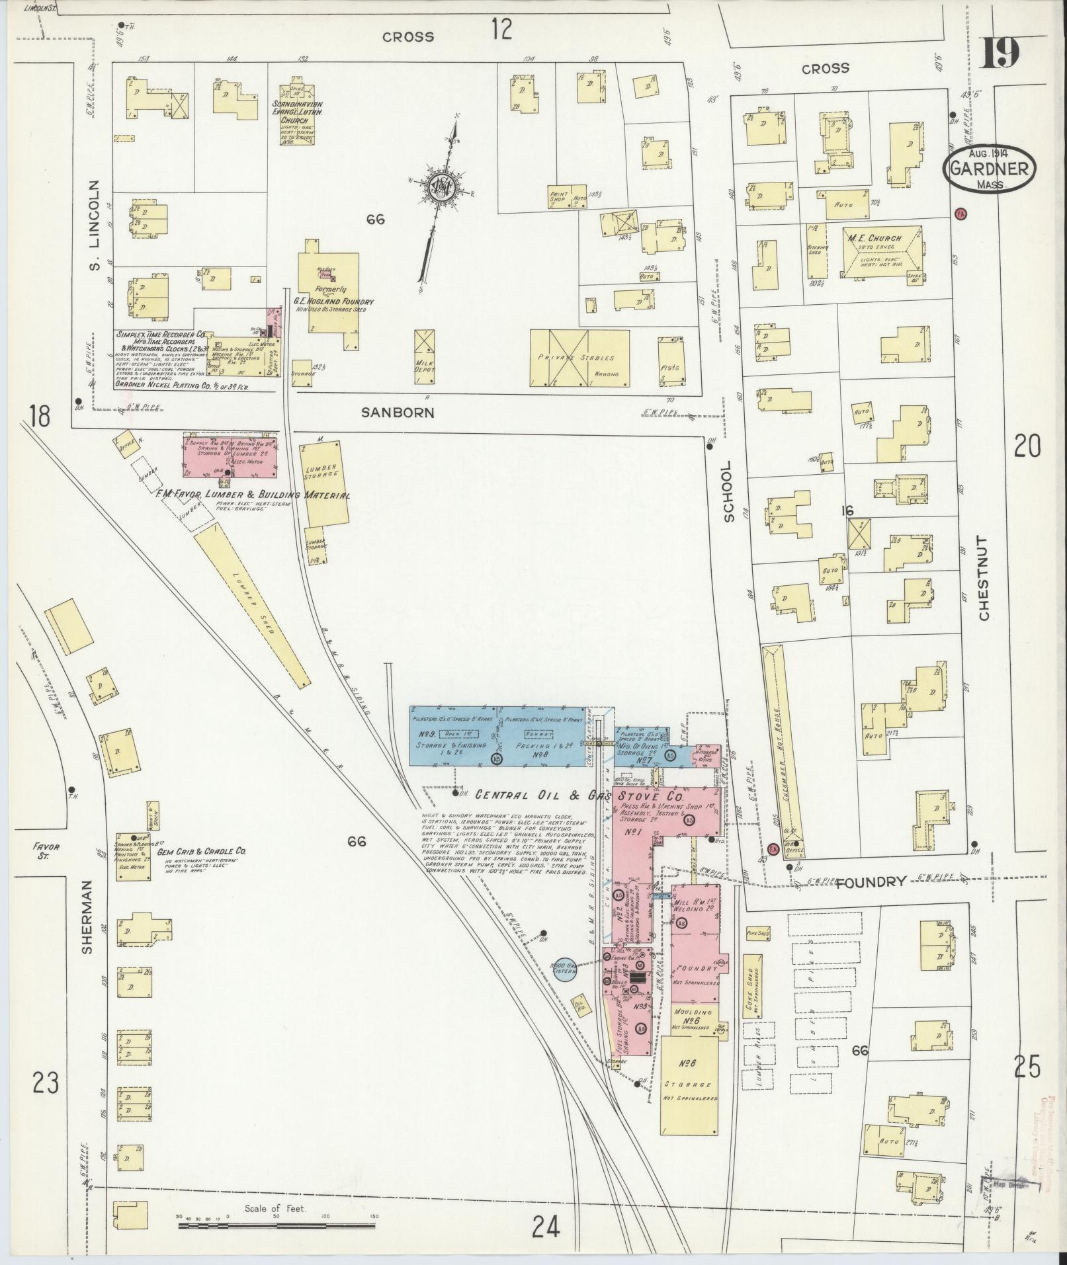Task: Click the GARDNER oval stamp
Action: (x=989, y=169)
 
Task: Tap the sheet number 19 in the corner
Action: (x=999, y=53)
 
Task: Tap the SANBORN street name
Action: (x=398, y=413)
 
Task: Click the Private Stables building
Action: (x=579, y=358)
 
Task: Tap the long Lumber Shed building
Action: (x=252, y=608)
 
